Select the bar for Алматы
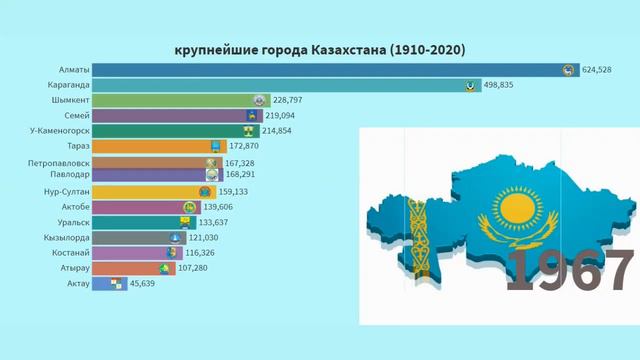tap(330, 70)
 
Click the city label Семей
tap(75, 116)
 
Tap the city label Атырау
tap(73, 268)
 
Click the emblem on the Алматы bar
tap(568, 70)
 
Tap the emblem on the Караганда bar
tap(470, 86)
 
